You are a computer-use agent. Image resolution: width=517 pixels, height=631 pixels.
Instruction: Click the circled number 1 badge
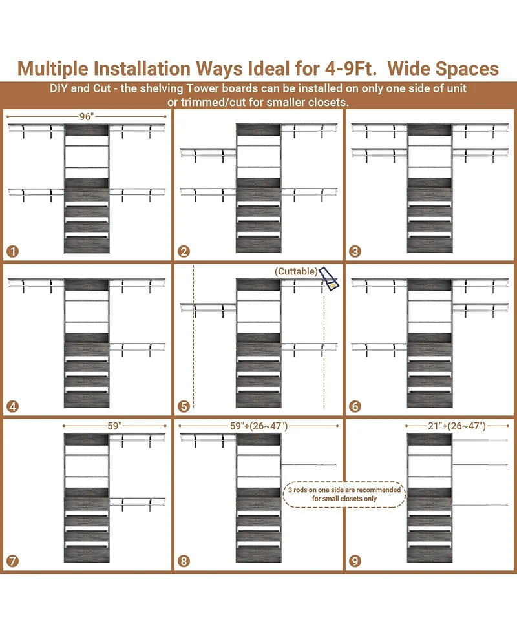click(x=12, y=251)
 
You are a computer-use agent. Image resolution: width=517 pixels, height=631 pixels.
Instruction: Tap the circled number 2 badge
click(x=184, y=251)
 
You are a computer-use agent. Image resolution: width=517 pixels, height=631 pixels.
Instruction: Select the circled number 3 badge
click(x=355, y=251)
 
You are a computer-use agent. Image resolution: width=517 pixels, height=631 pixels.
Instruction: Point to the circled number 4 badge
click(x=12, y=406)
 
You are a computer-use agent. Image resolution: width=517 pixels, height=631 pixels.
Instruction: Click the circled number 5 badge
click(x=184, y=406)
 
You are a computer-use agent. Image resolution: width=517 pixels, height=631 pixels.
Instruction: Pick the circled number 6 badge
click(x=355, y=406)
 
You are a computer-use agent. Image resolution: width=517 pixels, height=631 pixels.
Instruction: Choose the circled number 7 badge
click(x=12, y=561)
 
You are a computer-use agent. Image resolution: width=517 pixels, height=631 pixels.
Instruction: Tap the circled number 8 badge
click(x=184, y=561)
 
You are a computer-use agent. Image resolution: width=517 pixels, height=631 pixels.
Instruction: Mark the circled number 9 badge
click(x=355, y=561)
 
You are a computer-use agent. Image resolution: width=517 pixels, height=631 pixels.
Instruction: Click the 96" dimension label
click(x=87, y=116)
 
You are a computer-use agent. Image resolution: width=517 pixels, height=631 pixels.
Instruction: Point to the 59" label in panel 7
click(x=114, y=426)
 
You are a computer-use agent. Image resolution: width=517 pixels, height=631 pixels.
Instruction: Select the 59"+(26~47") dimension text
click(x=259, y=426)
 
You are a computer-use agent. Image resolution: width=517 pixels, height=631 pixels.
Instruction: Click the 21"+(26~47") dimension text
click(x=457, y=426)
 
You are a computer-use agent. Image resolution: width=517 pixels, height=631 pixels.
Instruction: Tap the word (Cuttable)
click(x=296, y=271)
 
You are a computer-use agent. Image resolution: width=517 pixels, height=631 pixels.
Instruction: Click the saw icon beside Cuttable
click(x=329, y=278)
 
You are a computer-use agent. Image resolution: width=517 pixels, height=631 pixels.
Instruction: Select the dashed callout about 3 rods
click(x=344, y=494)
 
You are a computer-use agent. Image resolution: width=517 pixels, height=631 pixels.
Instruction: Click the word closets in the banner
click(x=326, y=102)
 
